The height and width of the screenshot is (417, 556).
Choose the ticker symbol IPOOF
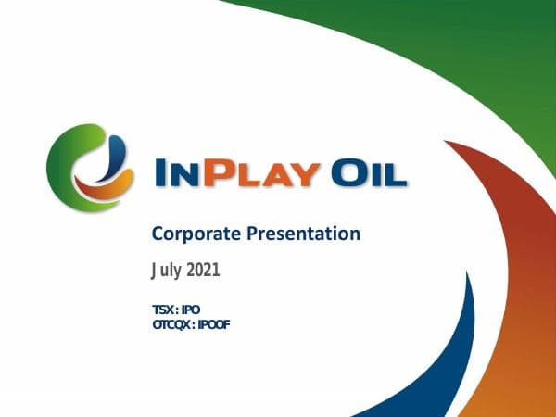[x=212, y=323]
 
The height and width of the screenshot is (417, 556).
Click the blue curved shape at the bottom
[x=459, y=361]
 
